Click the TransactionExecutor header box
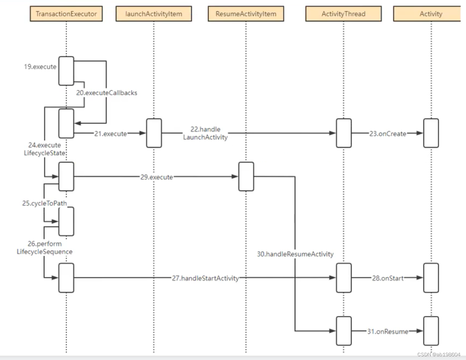click(x=66, y=14)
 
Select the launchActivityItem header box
click(x=153, y=14)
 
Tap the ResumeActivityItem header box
click(x=246, y=14)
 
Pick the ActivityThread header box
click(x=343, y=14)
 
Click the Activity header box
click(x=431, y=14)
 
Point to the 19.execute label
click(x=40, y=67)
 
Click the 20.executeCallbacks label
click(x=106, y=93)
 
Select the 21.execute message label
click(x=110, y=133)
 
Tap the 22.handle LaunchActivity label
click(x=205, y=133)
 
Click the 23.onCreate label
click(x=388, y=133)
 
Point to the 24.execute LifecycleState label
click(x=44, y=149)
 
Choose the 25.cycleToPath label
click(x=44, y=203)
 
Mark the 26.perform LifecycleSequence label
click(x=44, y=248)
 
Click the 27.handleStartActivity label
click(x=205, y=278)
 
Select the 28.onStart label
click(x=388, y=278)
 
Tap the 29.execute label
click(x=156, y=177)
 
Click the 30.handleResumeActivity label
click(x=295, y=254)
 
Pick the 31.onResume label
click(x=388, y=331)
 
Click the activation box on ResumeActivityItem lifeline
click(x=246, y=176)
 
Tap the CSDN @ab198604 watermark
click(x=439, y=354)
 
